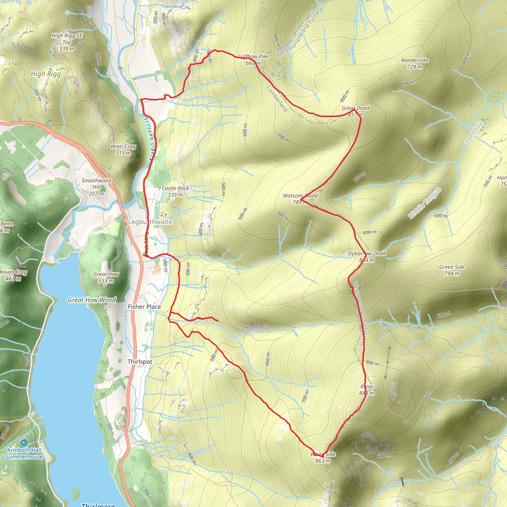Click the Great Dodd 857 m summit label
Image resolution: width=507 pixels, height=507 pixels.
(x=355, y=111)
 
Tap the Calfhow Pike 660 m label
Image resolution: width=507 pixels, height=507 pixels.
(x=253, y=60)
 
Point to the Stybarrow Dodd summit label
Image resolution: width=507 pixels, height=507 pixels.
(x=367, y=256)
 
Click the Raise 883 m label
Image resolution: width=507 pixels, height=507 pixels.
(x=367, y=390)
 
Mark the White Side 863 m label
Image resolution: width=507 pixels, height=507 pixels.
(x=323, y=457)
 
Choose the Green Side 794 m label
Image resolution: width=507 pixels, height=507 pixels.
(x=452, y=270)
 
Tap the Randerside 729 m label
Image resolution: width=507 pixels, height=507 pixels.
(x=415, y=64)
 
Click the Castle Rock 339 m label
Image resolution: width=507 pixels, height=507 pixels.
(x=175, y=191)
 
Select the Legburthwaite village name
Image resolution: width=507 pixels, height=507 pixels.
(x=150, y=222)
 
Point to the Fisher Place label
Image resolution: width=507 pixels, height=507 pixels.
(x=144, y=307)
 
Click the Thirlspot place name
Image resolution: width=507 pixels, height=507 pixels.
(x=140, y=362)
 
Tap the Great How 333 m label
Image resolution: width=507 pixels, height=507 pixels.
(x=106, y=277)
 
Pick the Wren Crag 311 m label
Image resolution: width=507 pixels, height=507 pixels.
(x=123, y=150)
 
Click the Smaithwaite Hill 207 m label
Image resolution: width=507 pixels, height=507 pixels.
(x=96, y=187)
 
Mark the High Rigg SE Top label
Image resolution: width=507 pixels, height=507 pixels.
(x=67, y=42)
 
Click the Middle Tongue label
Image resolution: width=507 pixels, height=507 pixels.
(x=424, y=203)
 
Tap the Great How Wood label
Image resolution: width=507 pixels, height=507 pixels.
(x=92, y=300)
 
